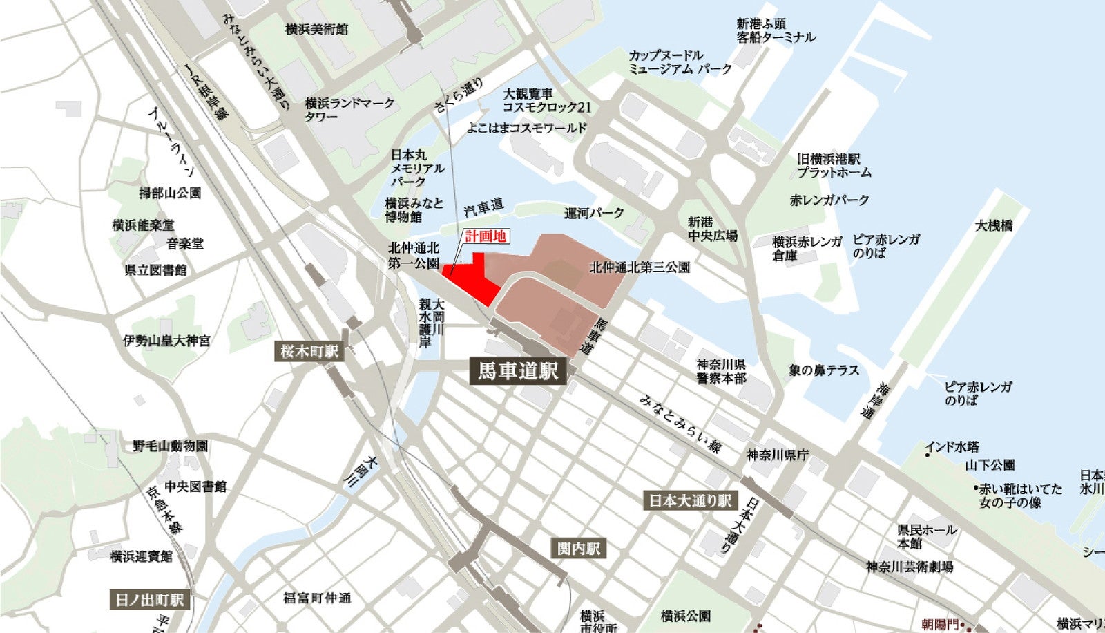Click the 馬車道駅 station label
pyautogui.click(x=517, y=371)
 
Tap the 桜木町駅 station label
pyautogui.click(x=309, y=351)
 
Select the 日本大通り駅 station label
pyautogui.click(x=691, y=500)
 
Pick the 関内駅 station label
pyautogui.click(x=579, y=549)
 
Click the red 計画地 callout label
pyautogui.click(x=486, y=236)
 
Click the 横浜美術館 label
pyautogui.click(x=316, y=29)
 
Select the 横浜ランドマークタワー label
pyautogui.click(x=349, y=109)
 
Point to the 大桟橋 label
pyautogui.click(x=994, y=225)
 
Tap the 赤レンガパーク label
pyautogui.click(x=829, y=200)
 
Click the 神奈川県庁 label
pyautogui.click(x=778, y=455)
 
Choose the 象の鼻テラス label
pyautogui.click(x=824, y=370)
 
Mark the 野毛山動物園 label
pyautogui.click(x=171, y=446)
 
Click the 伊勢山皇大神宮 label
pyautogui.click(x=167, y=340)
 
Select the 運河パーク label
pyautogui.click(x=594, y=213)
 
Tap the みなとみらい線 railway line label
pyautogui.click(x=680, y=424)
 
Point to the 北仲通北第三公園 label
pyautogui.click(x=640, y=267)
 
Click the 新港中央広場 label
pyautogui.click(x=712, y=229)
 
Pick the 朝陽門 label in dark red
pyautogui.click(x=940, y=625)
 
